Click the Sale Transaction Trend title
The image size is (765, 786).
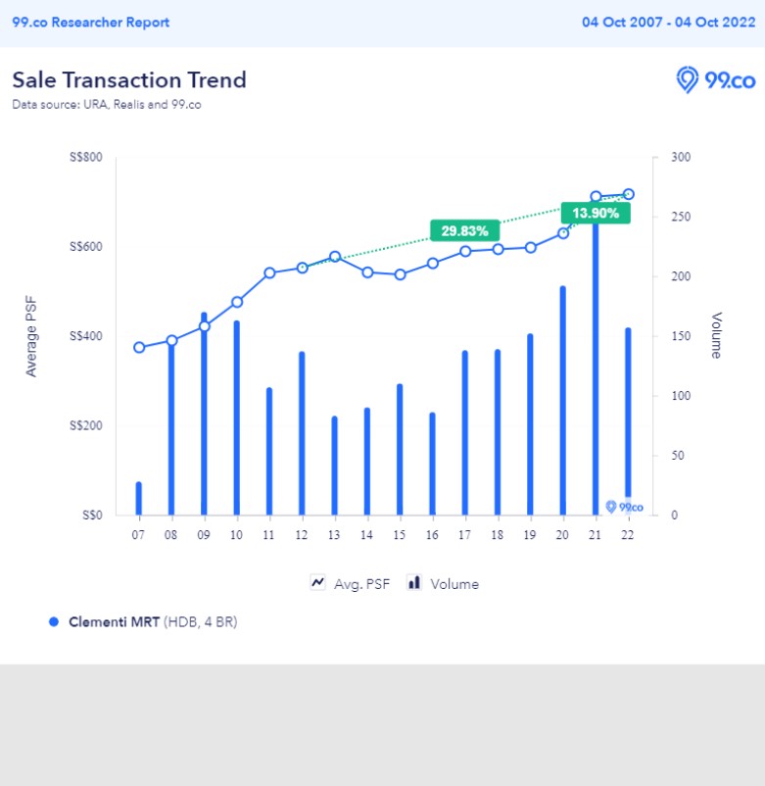tap(129, 80)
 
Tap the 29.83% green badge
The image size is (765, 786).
tap(465, 230)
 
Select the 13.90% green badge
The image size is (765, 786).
tap(596, 213)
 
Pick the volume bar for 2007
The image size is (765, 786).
tap(139, 498)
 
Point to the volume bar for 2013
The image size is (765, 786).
tap(334, 465)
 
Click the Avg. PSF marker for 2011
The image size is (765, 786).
tap(269, 273)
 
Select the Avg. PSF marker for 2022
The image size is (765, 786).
tap(628, 194)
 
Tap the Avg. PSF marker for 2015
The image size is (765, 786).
tap(400, 274)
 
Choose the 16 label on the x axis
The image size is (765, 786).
tap(432, 534)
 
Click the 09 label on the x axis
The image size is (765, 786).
tap(204, 534)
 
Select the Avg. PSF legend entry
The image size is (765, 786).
tap(350, 583)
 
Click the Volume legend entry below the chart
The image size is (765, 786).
tap(443, 583)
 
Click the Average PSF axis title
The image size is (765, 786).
tap(31, 336)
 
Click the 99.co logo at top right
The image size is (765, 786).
tap(716, 80)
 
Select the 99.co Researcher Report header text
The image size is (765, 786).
tap(90, 22)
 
